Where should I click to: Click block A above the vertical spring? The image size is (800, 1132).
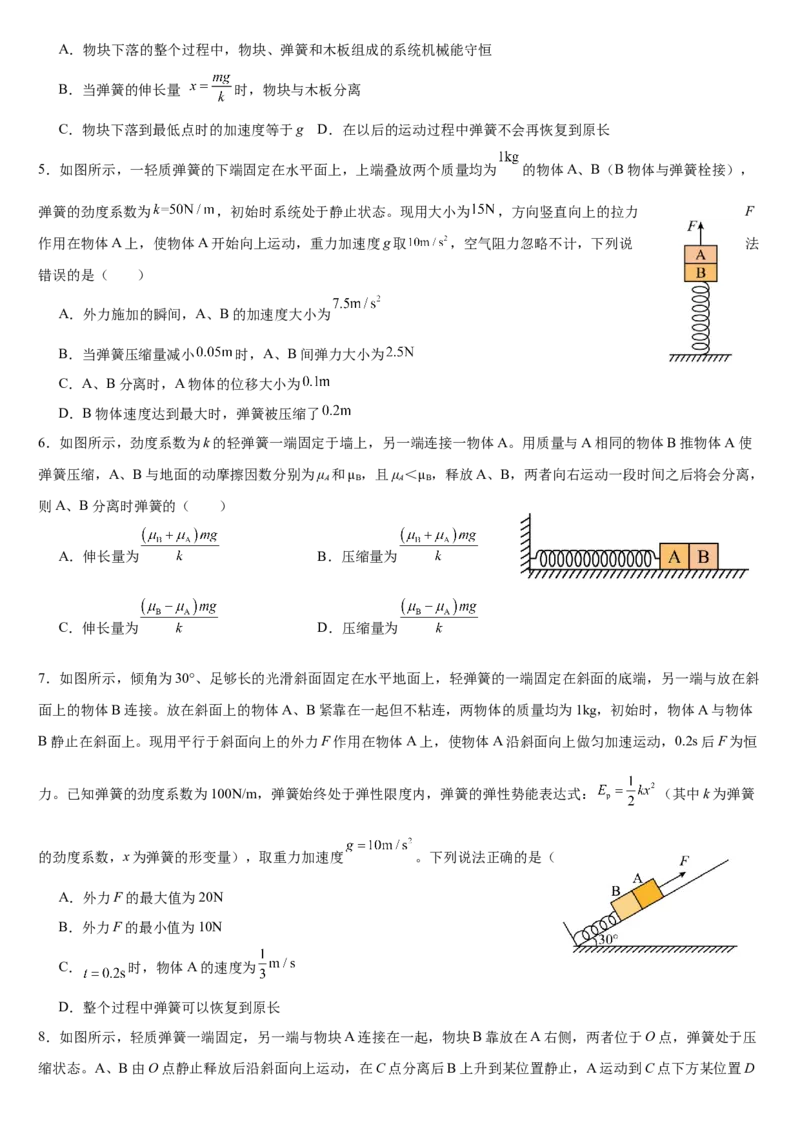(700, 255)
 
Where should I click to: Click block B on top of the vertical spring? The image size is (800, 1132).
(700, 273)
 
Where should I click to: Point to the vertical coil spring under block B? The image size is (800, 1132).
(700, 318)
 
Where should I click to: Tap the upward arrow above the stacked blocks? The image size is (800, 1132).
(700, 232)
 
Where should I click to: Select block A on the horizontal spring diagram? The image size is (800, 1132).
(674, 557)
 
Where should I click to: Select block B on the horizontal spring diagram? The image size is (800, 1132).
(703, 557)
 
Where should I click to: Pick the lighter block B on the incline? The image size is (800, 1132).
(625, 907)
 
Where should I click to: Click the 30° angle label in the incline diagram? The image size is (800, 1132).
(608, 939)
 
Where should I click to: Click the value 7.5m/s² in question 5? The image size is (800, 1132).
(356, 303)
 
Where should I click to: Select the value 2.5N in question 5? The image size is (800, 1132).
(400, 352)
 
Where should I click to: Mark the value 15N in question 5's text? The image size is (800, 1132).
(483, 209)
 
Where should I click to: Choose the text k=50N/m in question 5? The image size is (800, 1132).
(184, 210)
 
